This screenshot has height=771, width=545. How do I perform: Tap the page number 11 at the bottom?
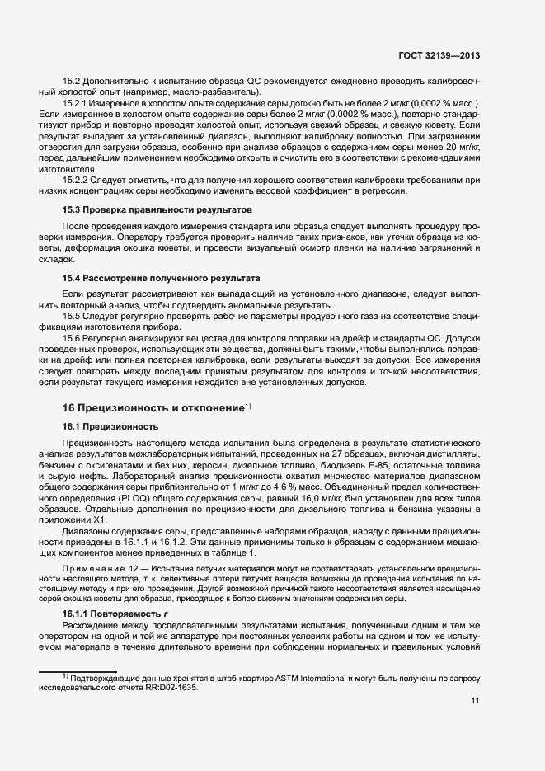pos(473,701)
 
